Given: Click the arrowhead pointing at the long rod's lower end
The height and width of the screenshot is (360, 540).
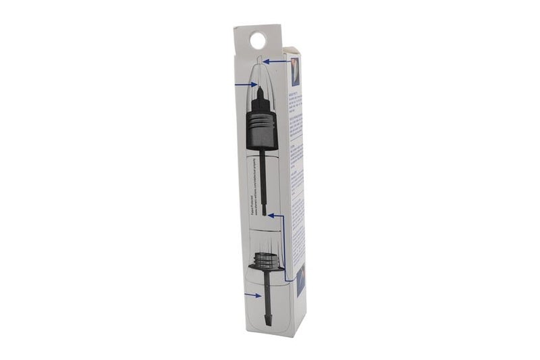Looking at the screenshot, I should [270, 215].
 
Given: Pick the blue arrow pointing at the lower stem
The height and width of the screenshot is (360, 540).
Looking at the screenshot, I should [252, 295].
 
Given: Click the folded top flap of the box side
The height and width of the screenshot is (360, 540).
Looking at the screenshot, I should [292, 51].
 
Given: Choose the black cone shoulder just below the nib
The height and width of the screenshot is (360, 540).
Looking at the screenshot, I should [259, 102].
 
